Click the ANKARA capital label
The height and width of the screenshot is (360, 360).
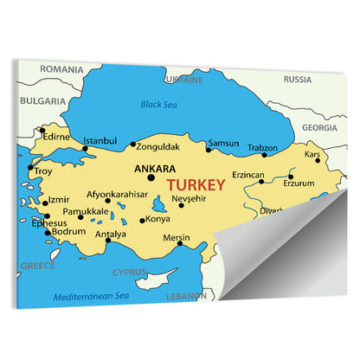156,169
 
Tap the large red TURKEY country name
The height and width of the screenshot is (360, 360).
196,184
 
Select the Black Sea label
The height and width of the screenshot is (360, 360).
160,105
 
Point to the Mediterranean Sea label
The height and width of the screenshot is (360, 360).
91,296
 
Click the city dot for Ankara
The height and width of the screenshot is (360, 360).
151,178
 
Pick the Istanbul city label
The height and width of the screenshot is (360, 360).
100,140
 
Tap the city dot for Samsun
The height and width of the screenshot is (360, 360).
208,150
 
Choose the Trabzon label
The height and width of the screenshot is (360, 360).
262,147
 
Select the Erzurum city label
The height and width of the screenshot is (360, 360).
299,183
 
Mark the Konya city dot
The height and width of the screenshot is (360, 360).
143,220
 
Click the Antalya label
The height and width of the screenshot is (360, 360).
111,234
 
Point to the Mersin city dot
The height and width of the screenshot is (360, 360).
180,243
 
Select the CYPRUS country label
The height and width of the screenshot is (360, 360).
130,272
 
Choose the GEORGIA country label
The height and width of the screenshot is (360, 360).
319,126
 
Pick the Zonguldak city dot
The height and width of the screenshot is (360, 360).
132,145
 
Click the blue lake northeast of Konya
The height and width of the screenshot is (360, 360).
161,206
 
